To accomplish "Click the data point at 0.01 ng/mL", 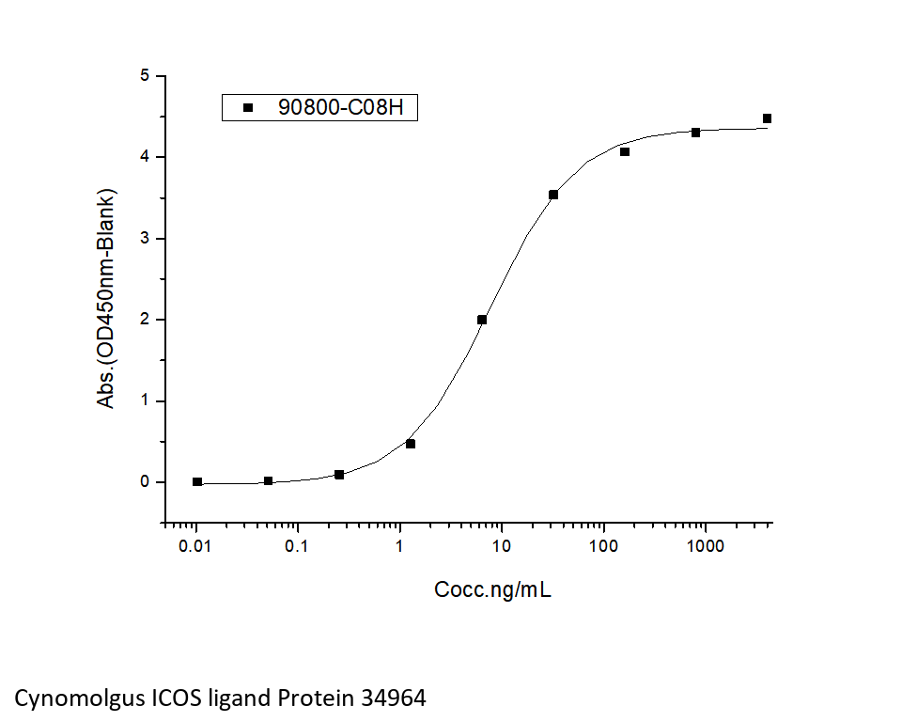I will (x=197, y=482).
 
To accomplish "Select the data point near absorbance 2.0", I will (x=482, y=320).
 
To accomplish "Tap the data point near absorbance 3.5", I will (x=553, y=195).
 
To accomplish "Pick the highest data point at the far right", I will (x=768, y=118).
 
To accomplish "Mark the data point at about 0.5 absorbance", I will (x=411, y=444).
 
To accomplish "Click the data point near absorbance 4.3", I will (x=696, y=133).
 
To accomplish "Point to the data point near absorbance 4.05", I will (x=625, y=152).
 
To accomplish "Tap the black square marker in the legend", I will (x=248, y=108).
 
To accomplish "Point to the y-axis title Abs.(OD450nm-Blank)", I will (x=107, y=299).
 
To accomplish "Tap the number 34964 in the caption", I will (x=391, y=698).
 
